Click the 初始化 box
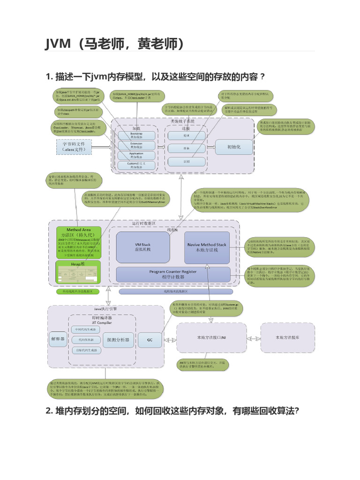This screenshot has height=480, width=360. pos(233,147)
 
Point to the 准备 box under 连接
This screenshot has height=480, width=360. pos(187,148)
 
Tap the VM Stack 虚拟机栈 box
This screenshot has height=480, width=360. pos(143,247)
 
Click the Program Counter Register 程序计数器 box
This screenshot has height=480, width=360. pos(173,274)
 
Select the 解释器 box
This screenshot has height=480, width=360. pos(58,338)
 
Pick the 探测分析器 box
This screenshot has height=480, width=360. pos(118,339)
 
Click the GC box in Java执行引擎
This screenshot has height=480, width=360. pos(150,339)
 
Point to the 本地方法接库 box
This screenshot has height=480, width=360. pos(288,337)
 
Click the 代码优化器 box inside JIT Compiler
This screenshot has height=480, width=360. pos(86,339)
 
